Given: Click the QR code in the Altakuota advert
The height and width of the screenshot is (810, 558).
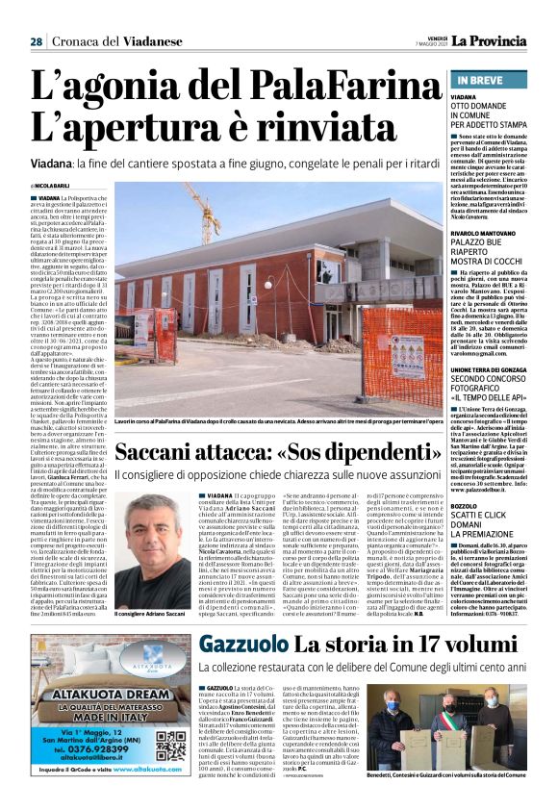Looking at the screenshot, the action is (x=172, y=747).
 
